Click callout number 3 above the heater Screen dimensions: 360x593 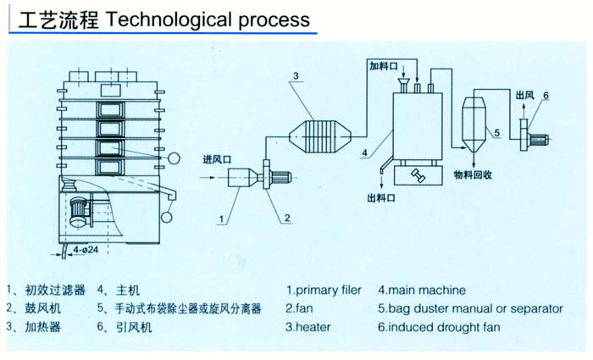(296, 77)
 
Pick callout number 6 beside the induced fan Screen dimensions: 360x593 (546, 95)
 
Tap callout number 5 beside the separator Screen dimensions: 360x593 (497, 132)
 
